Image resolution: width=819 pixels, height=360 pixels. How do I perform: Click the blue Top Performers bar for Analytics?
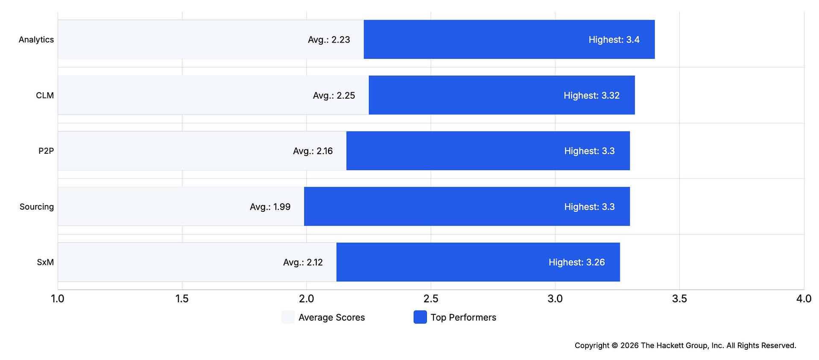pos(509,39)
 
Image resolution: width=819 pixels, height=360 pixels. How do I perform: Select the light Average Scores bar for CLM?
pos(213,95)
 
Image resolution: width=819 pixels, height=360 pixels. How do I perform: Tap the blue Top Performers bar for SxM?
pos(478,262)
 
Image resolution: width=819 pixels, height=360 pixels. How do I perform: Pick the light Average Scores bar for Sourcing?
pos(181,206)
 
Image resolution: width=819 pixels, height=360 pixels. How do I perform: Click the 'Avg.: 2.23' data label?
pos(329,40)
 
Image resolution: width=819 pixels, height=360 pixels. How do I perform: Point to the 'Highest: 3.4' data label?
pos(614,40)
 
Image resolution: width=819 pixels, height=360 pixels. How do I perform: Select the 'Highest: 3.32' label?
pos(591,95)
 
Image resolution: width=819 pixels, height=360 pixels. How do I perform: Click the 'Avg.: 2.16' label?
pos(313,151)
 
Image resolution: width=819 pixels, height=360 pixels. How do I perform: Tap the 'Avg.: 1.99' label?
pos(270,207)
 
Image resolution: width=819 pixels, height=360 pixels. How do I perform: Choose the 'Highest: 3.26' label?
pos(576,262)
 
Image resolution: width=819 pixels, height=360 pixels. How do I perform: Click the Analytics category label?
pos(36,40)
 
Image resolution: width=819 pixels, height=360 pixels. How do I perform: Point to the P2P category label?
pos(46,151)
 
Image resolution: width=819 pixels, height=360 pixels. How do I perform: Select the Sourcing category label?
pos(37,207)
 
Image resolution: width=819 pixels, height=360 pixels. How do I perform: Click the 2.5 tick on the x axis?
pos(431,299)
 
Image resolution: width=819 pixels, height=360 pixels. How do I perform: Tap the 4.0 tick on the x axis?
pos(804,299)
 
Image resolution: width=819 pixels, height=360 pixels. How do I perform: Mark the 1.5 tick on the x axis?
pos(182,299)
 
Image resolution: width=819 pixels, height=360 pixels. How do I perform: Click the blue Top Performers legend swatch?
pos(420,317)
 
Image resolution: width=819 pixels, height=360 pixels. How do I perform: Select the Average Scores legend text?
pos(332,317)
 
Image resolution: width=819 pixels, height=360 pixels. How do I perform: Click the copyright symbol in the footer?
pos(615,345)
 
